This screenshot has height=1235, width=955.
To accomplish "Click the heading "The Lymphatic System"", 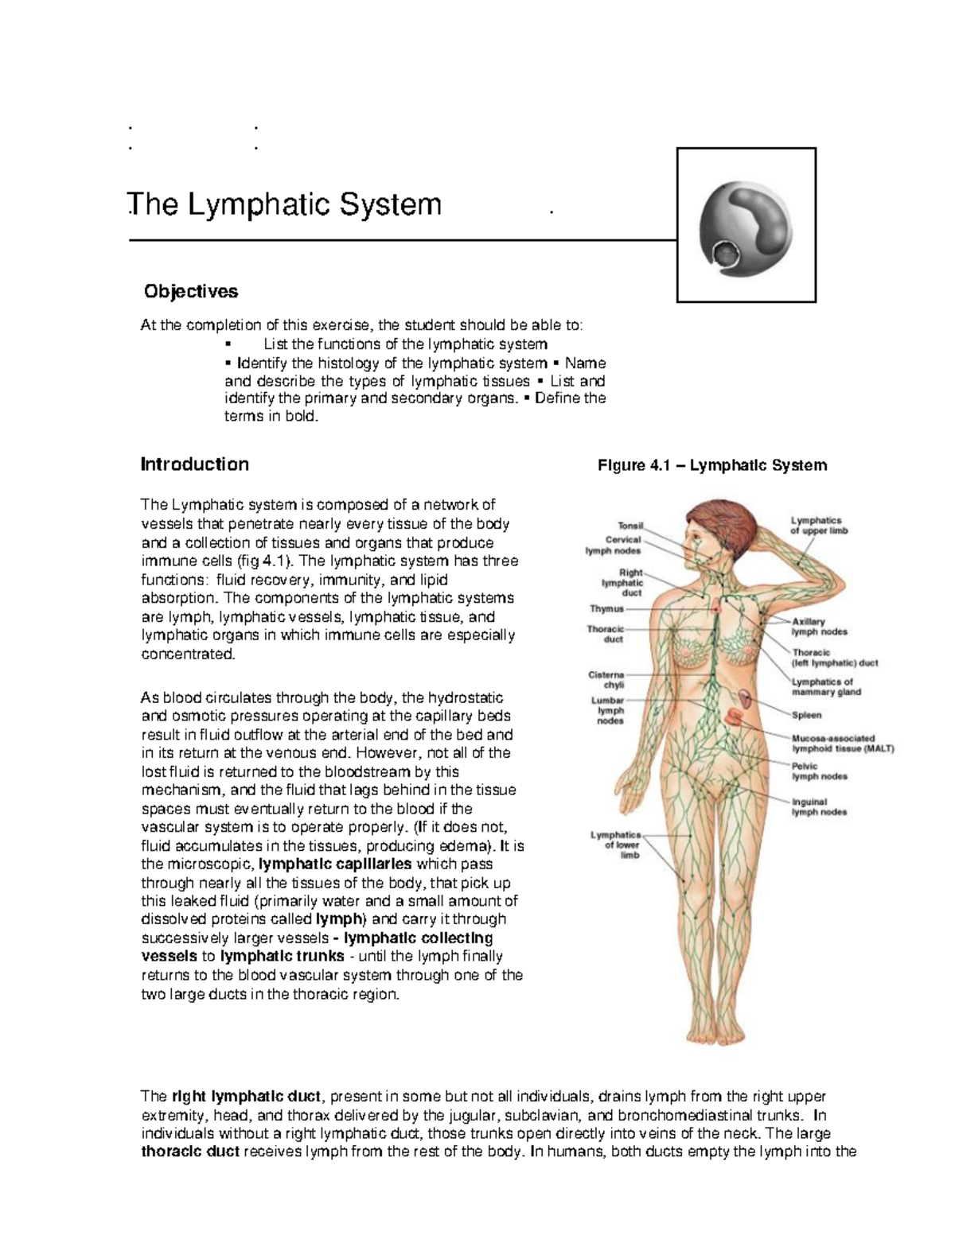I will [x=284, y=205].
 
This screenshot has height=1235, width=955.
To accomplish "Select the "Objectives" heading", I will [x=190, y=292].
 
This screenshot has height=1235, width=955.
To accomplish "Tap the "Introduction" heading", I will [x=194, y=464].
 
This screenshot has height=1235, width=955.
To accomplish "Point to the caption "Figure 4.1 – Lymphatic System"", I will [x=712, y=466].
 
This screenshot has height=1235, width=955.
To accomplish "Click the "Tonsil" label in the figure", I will [x=630, y=526].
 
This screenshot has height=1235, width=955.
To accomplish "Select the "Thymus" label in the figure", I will [x=606, y=609].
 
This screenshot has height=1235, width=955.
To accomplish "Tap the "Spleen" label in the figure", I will [x=806, y=715].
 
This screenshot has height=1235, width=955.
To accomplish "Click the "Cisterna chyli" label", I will [x=607, y=679].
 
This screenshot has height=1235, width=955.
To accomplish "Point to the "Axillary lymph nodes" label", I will [x=819, y=627].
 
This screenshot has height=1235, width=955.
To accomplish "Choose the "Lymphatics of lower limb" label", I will [x=615, y=845].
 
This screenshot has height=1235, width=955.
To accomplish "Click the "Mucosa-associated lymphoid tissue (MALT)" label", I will [x=843, y=743].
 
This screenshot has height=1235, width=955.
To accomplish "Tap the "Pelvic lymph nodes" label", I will [x=819, y=771].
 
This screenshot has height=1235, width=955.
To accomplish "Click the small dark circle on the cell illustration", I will [x=727, y=256].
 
